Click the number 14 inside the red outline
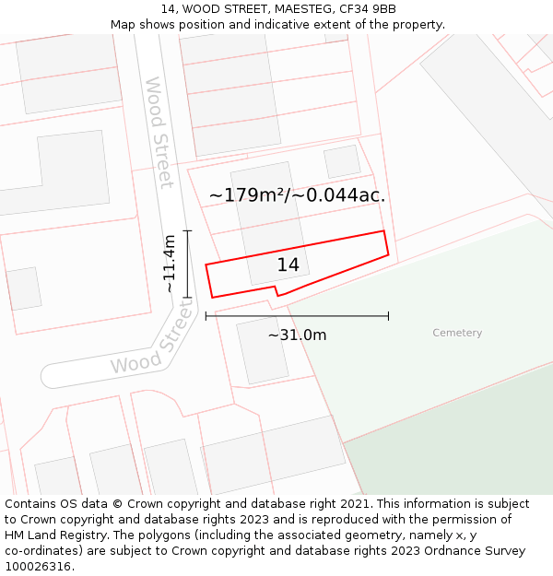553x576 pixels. (288, 265)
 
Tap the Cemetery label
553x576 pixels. (457, 333)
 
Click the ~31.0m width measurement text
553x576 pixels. (297, 335)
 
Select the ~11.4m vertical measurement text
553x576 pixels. (169, 264)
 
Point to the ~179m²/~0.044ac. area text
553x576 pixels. (297, 195)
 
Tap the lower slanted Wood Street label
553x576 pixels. (153, 341)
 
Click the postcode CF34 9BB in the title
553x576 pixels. (368, 9)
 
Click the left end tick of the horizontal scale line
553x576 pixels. (206, 316)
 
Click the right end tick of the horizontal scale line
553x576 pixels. (388, 316)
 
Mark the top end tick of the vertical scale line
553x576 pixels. (187, 230)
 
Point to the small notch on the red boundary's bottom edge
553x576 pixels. (276, 291)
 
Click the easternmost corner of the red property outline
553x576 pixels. (388, 253)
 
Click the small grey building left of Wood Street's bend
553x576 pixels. (24, 288)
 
